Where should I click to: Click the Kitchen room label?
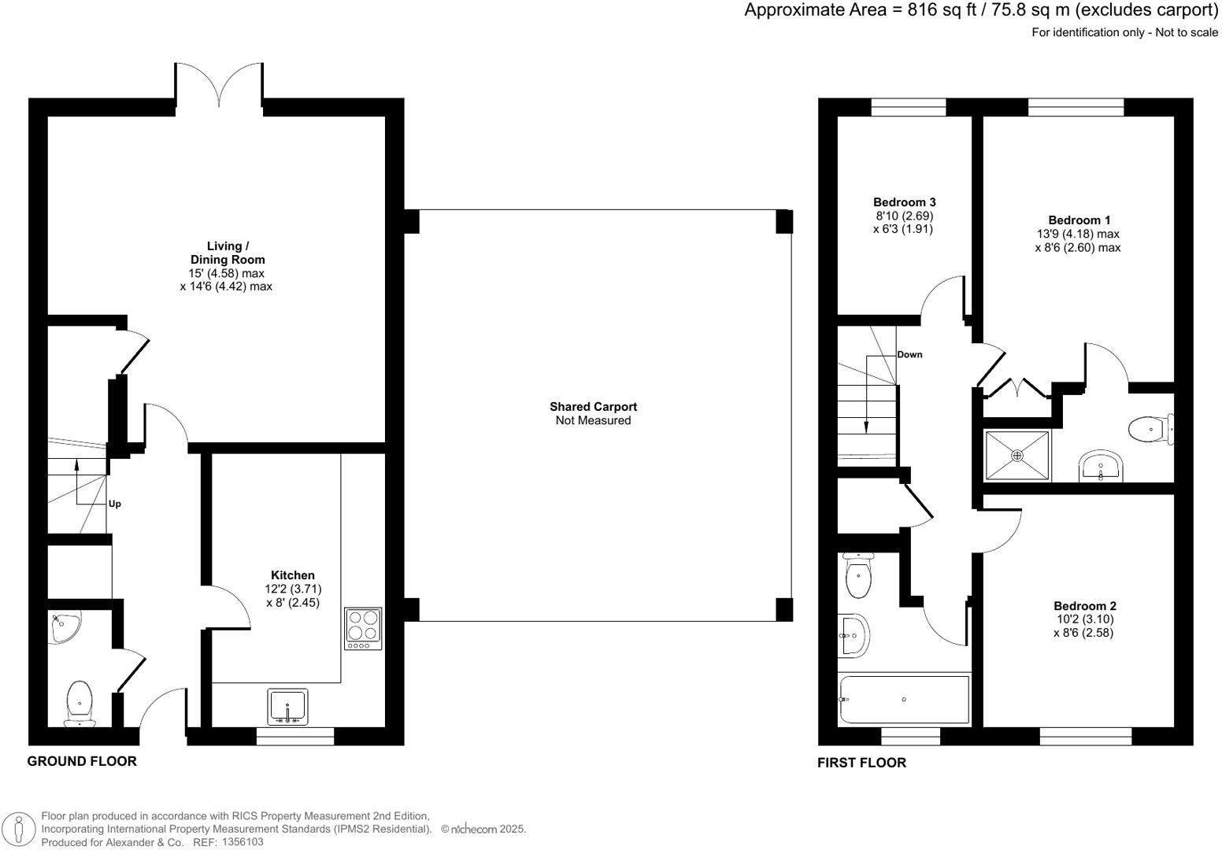pyautogui.click(x=292, y=575)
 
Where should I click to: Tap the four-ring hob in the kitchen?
pyautogui.click(x=363, y=628)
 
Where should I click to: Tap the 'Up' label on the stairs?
pyautogui.click(x=115, y=504)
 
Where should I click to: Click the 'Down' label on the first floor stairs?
pyautogui.click(x=909, y=354)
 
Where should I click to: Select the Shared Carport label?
pyautogui.click(x=593, y=407)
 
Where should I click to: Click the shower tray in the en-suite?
pyautogui.click(x=1016, y=456)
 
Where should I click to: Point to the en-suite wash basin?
pyautogui.click(x=1100, y=466)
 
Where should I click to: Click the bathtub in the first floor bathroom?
pyautogui.click(x=904, y=700)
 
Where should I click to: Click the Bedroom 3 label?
pyautogui.click(x=905, y=202)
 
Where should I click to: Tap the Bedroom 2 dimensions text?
pyautogui.click(x=1084, y=626)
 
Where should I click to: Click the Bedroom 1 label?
pyautogui.click(x=1079, y=220)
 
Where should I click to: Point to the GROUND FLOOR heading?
pyautogui.click(x=82, y=761)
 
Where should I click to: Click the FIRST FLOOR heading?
pyautogui.click(x=861, y=763)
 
